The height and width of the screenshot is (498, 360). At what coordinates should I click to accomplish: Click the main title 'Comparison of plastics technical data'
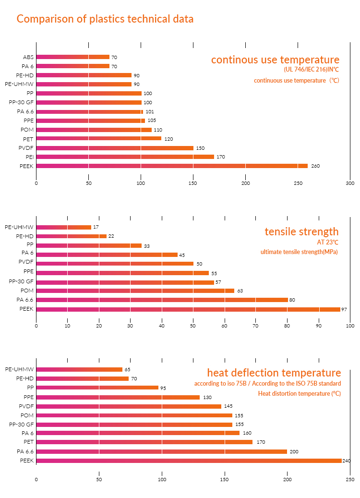click(x=105, y=19)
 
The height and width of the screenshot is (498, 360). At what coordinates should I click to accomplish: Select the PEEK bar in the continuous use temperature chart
click(x=172, y=166)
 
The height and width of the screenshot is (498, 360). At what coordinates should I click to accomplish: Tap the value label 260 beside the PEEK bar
click(x=315, y=166)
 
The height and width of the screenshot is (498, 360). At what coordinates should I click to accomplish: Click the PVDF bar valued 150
click(x=115, y=148)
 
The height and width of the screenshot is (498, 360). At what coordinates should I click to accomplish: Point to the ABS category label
click(x=28, y=57)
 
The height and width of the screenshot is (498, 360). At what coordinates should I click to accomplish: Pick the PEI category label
click(x=29, y=157)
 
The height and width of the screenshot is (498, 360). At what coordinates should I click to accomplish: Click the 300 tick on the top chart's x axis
click(x=350, y=183)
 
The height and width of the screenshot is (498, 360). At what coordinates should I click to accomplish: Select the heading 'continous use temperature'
click(x=275, y=60)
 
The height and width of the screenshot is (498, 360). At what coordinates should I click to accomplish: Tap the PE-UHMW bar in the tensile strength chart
click(x=63, y=227)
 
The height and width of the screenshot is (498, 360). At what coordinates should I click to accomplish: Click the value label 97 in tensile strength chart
click(x=344, y=309)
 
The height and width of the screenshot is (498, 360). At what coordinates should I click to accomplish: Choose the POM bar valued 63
click(x=135, y=291)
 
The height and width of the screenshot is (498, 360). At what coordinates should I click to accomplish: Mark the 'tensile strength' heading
click(x=301, y=231)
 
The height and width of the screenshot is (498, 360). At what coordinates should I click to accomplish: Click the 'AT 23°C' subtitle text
click(x=328, y=242)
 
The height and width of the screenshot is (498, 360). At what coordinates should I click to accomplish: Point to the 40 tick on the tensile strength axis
click(x=162, y=326)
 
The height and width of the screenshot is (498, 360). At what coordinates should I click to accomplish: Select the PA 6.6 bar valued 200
click(x=162, y=451)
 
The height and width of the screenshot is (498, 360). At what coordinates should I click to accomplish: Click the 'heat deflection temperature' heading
click(x=274, y=373)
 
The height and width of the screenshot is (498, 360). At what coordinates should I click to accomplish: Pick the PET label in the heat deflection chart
click(x=28, y=442)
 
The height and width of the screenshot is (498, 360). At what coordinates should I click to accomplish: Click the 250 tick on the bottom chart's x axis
click(x=350, y=479)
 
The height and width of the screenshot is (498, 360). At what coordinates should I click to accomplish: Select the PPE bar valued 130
click(x=118, y=397)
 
